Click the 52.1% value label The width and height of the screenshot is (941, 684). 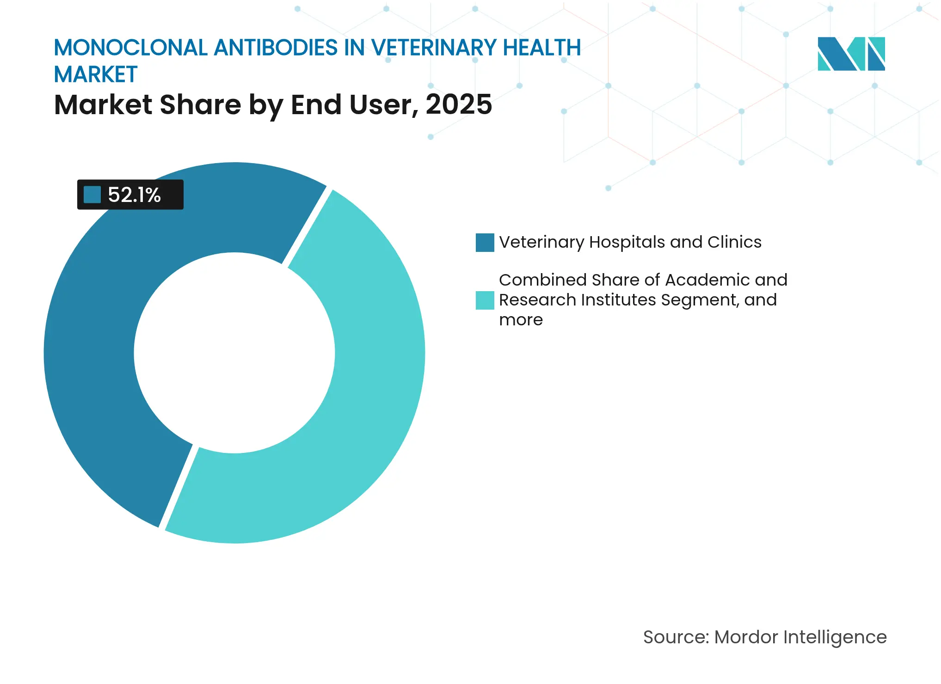click(134, 195)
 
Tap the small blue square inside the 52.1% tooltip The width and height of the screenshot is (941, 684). click(92, 195)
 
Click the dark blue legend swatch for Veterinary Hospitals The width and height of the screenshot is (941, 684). click(485, 243)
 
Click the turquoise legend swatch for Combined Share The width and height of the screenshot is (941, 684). click(485, 300)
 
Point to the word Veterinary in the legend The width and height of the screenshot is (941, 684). click(541, 242)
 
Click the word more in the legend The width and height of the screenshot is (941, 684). click(521, 320)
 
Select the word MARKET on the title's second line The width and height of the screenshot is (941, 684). click(96, 74)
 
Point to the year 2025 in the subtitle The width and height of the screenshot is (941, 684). click(458, 104)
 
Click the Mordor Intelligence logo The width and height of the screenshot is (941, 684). click(851, 54)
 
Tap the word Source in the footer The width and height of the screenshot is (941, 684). click(675, 637)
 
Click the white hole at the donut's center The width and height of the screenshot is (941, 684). click(234, 353)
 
